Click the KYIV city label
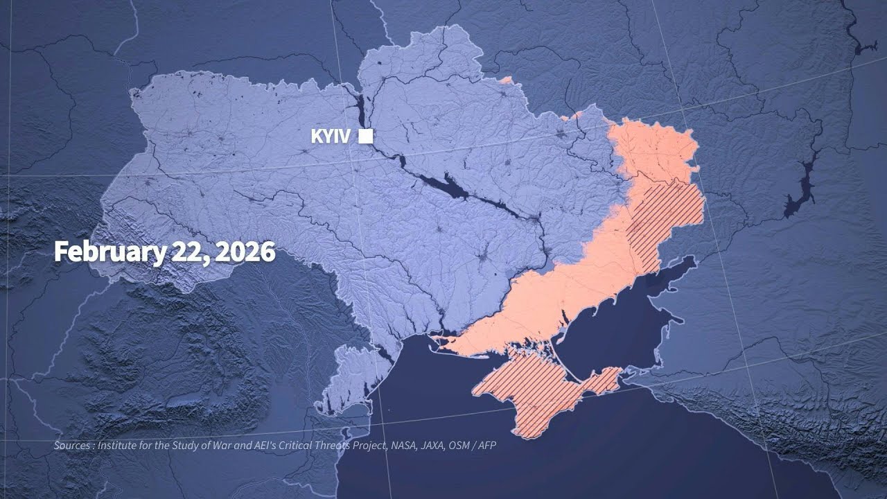(331, 137)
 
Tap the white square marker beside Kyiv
(365, 137)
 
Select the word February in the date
(106, 252)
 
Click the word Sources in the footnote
(73, 445)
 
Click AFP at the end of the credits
(486, 445)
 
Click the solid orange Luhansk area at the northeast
(651, 149)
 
